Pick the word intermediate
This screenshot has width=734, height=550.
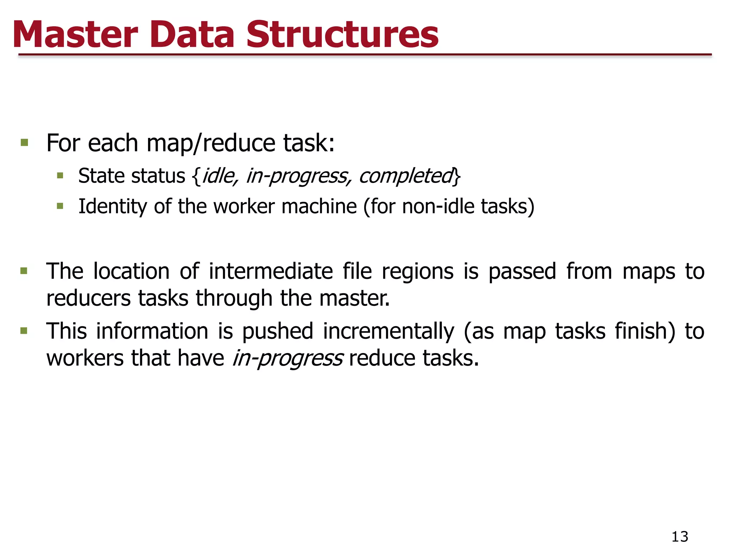[271, 271]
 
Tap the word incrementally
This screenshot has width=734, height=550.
[389, 331]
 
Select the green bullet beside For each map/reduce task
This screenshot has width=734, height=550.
[24, 143]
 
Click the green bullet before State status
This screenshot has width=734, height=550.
[60, 176]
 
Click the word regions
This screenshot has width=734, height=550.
[418, 272]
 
